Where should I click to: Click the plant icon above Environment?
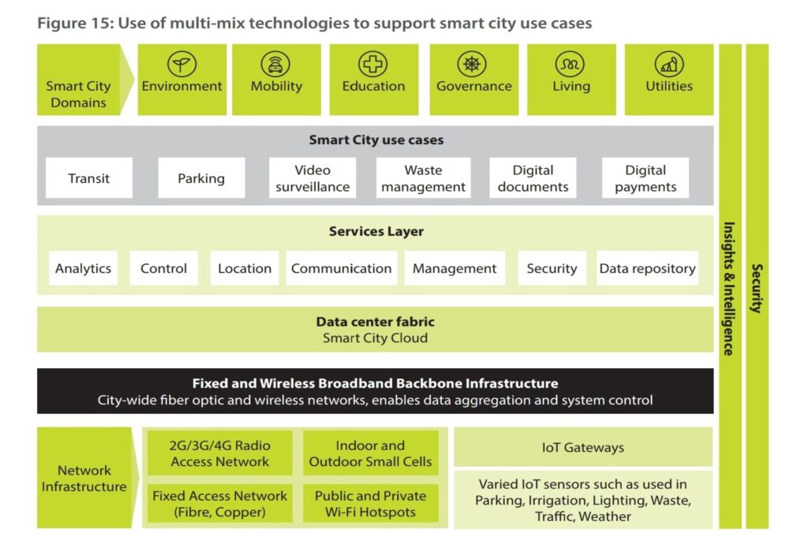(x=182, y=65)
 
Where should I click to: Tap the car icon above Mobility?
(x=275, y=65)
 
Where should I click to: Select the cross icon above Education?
(x=372, y=65)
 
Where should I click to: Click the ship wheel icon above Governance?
(x=472, y=65)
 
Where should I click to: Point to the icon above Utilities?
(x=669, y=65)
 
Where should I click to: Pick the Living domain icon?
(x=570, y=65)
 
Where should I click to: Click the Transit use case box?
(x=89, y=178)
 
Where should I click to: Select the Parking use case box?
(x=201, y=178)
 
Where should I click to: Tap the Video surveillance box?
(x=312, y=178)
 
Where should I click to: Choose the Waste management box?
(x=423, y=178)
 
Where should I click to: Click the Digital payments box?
(x=645, y=178)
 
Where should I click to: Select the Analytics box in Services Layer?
(x=83, y=268)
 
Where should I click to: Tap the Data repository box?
(x=647, y=268)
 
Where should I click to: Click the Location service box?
(x=245, y=268)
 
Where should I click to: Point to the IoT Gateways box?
(x=583, y=447)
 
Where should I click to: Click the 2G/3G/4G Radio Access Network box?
(x=220, y=453)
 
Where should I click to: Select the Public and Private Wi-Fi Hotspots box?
(x=371, y=504)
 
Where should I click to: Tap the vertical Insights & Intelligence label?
(x=728, y=289)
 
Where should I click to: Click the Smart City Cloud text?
(x=375, y=338)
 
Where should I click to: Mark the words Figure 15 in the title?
(x=75, y=24)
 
